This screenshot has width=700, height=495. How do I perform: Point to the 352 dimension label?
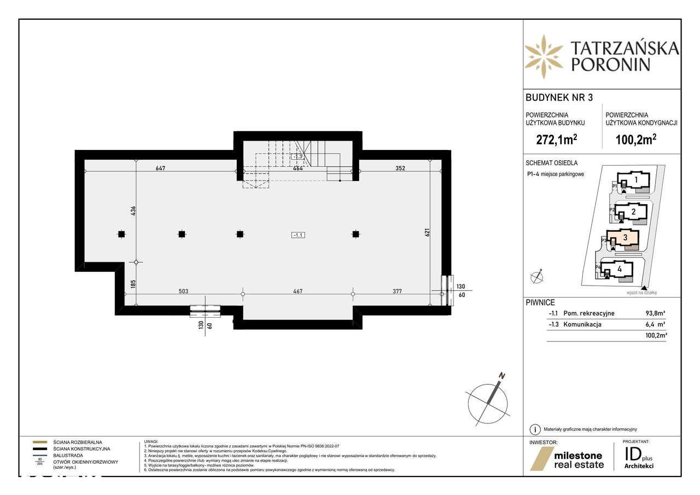coord(400,168)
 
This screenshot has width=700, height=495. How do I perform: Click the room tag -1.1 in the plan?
coord(298,235)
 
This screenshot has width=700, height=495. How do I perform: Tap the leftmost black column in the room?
coord(121,235)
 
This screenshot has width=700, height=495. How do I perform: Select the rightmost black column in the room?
coord(355,235)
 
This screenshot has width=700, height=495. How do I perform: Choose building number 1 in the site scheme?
coord(636,179)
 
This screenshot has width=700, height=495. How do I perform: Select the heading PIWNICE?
coord(540,302)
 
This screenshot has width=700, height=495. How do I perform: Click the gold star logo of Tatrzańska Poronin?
coord(544,56)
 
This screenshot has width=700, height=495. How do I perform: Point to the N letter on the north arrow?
coord(500,376)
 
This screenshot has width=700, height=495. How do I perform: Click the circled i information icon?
coord(534,429)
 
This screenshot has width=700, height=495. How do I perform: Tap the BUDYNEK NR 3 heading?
coord(551,98)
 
